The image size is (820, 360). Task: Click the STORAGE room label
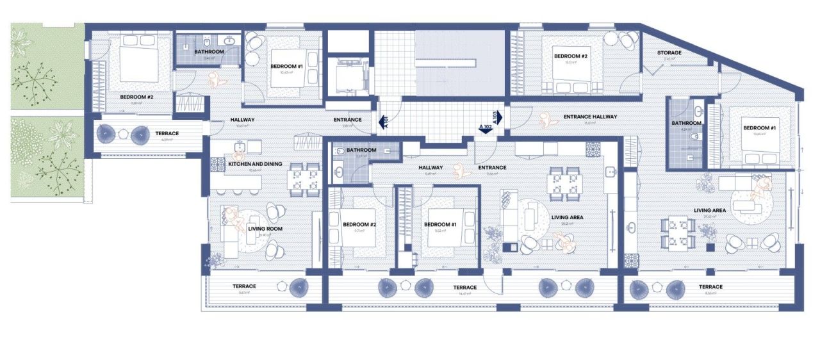click(668, 53)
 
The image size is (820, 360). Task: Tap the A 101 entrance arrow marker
click(382, 121)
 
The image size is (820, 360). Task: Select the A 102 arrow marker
click(485, 128)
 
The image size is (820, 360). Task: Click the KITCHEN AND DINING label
click(255, 164)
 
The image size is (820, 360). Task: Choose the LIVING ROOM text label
click(265, 229)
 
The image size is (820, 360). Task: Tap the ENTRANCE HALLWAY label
click(590, 117)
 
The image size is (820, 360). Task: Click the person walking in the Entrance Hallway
click(546, 120)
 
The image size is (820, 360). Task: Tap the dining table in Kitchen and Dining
click(304, 179)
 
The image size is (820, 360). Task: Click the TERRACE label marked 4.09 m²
click(167, 133)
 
